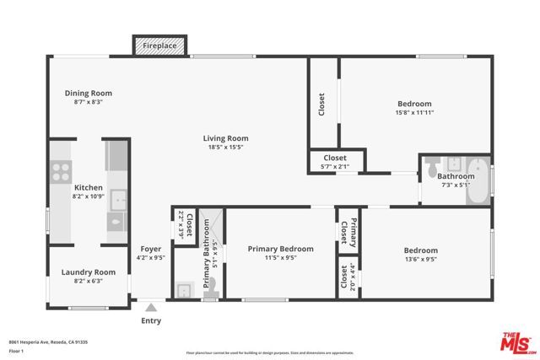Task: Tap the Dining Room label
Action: click(89, 94)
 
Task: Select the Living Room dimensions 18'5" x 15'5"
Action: click(225, 148)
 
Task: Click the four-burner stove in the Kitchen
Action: click(61, 172)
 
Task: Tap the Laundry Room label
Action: click(88, 272)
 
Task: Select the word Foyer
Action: click(149, 250)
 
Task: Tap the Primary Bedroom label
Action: click(280, 249)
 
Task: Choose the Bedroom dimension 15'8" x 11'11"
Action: click(415, 113)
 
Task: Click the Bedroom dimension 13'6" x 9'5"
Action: click(420, 260)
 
